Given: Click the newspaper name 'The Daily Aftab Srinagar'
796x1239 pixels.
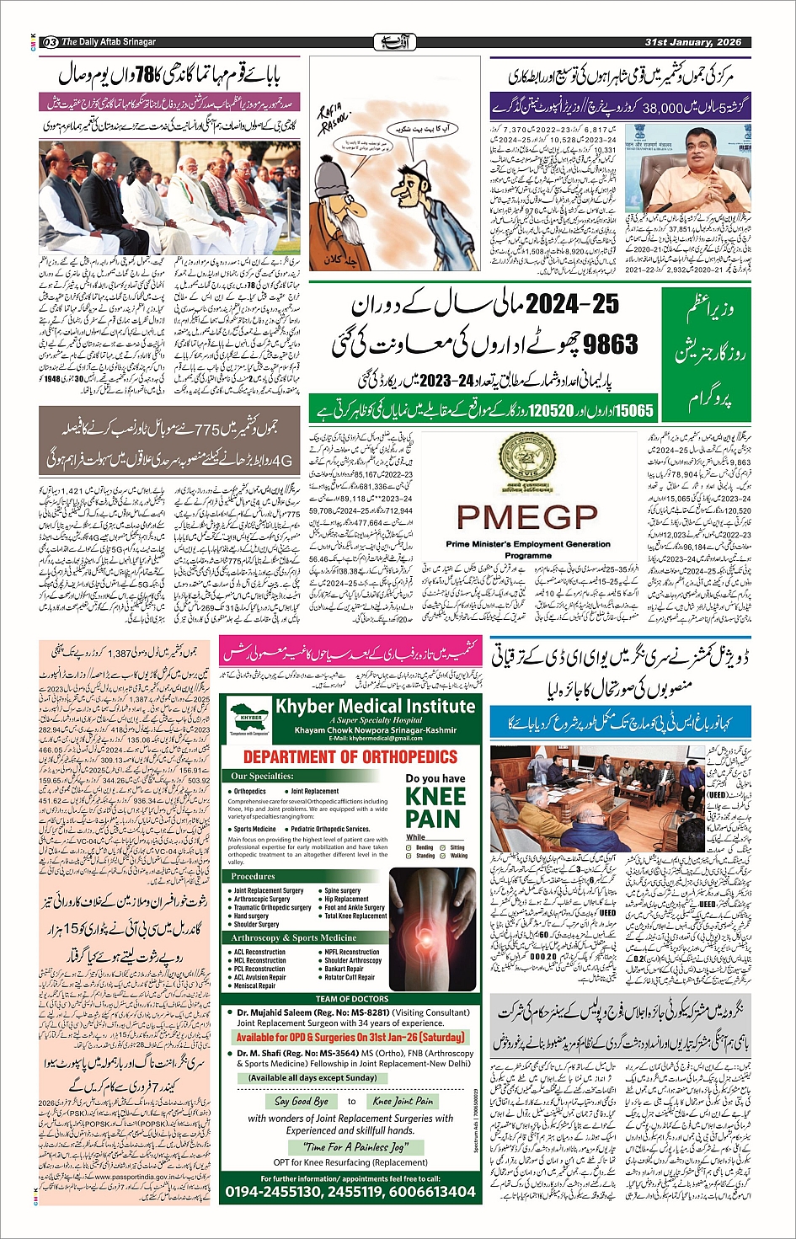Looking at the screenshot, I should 109,42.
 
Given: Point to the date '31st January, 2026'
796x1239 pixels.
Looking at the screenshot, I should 692,42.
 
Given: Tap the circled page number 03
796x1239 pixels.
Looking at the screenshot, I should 50,42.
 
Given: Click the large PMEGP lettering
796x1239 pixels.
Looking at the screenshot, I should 526,516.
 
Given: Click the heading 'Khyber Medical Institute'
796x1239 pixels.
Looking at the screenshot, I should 376,706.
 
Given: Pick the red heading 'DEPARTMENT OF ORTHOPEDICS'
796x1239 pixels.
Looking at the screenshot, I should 350,756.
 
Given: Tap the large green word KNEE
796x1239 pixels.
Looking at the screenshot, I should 435,796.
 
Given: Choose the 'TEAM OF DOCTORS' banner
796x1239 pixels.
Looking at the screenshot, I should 351,999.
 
